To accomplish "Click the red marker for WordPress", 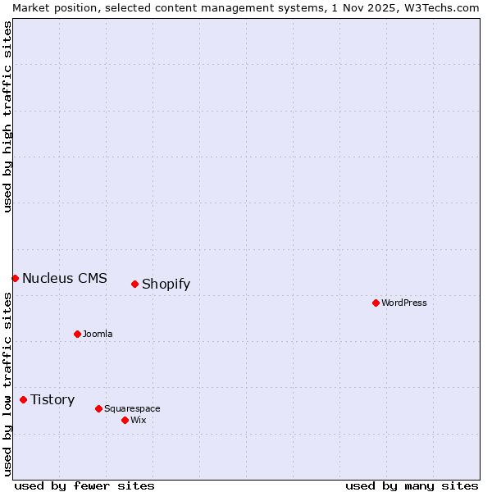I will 376,303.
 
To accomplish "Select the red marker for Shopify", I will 134,284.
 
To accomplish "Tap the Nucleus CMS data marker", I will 15,278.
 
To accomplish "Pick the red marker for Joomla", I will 77,334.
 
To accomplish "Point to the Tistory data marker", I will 23,399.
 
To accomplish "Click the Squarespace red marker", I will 98,408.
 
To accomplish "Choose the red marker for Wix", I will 125,420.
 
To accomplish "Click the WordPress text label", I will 404,303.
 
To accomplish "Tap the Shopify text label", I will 166,285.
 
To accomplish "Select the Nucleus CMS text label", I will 65,278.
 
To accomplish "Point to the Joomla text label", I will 98,334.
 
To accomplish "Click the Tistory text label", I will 52,400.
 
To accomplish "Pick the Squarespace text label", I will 132,408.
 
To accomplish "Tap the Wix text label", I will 139,420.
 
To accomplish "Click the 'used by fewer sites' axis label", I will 84,485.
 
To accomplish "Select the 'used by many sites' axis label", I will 412,485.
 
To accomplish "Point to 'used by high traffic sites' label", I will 8,116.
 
